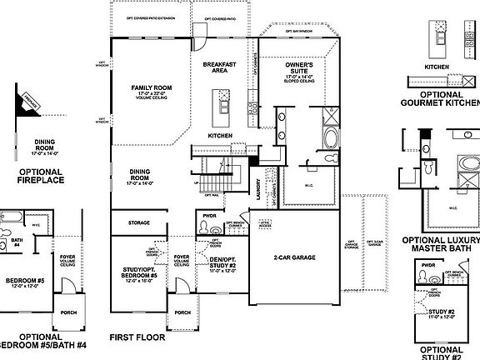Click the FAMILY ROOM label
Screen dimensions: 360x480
click(x=150, y=87)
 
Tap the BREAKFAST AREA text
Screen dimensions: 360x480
click(x=220, y=67)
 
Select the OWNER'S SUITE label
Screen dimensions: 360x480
click(x=299, y=67)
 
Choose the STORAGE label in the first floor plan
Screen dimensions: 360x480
click(x=139, y=223)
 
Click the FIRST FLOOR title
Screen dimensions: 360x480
click(x=137, y=338)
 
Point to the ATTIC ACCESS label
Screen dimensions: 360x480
click(x=267, y=226)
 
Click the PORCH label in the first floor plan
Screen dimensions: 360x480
click(x=181, y=314)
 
